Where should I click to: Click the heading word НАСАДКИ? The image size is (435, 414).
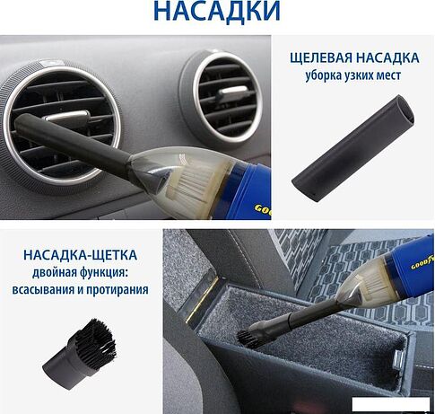217,12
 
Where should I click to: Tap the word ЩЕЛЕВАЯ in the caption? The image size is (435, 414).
320,58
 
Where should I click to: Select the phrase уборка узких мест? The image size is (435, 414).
353,75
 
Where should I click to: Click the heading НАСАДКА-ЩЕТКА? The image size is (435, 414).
80,255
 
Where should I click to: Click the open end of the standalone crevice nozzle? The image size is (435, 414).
405,110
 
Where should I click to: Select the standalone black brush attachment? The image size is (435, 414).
79,354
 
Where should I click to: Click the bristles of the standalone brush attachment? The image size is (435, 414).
96,338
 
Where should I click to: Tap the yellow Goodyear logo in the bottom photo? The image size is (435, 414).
422,264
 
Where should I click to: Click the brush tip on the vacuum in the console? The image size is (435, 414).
247,338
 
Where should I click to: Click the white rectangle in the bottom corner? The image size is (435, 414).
391,404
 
